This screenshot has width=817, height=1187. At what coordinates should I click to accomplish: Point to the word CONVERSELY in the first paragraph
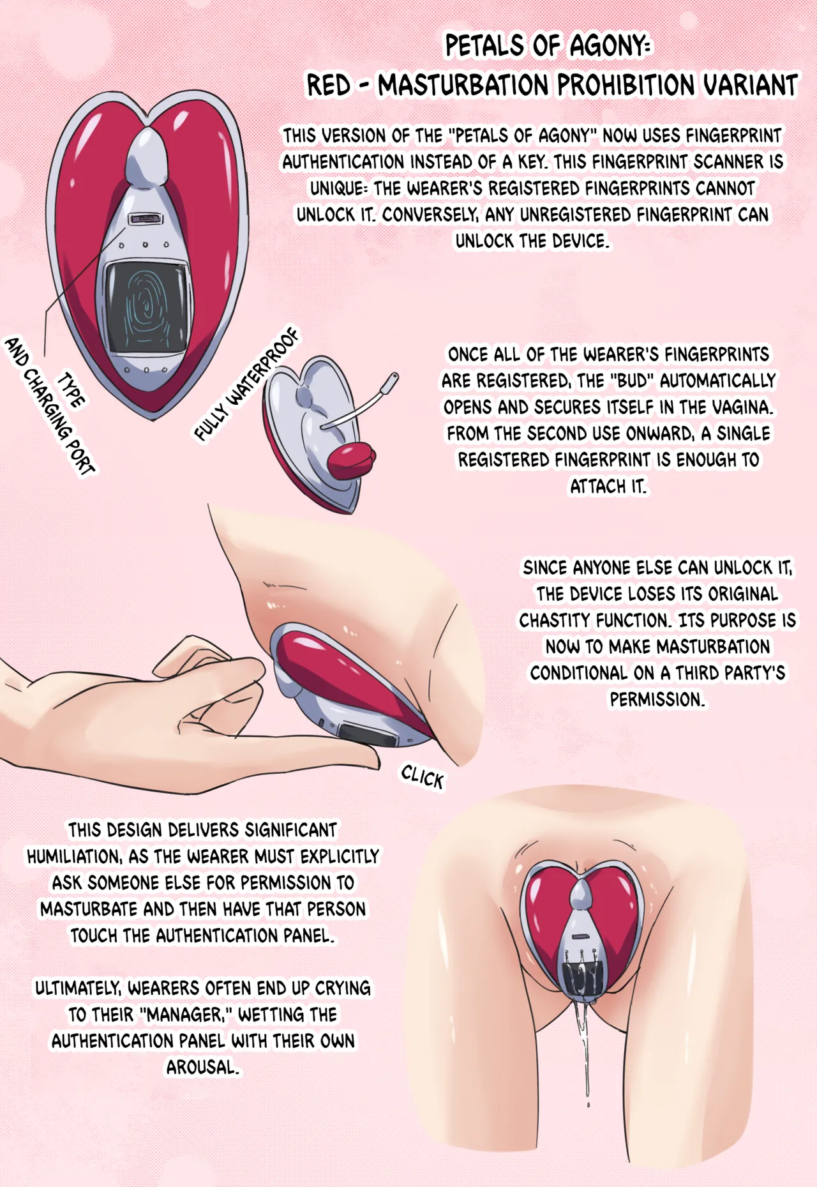point(429,215)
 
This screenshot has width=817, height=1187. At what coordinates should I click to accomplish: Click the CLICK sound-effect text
point(422,777)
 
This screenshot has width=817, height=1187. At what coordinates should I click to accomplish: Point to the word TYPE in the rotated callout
point(71,390)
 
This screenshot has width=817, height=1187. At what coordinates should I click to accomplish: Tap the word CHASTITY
point(554,621)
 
